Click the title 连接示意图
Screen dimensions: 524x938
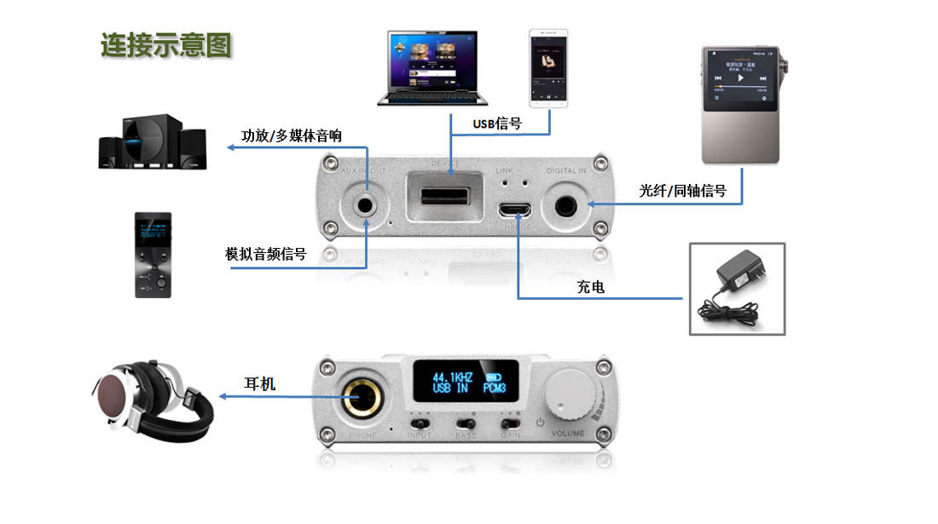click(166, 44)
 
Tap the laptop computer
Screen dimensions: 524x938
click(431, 70)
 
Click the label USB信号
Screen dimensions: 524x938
click(497, 124)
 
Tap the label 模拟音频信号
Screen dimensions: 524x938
click(265, 254)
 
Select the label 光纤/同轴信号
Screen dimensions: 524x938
click(683, 191)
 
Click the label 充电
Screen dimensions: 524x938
click(590, 288)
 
